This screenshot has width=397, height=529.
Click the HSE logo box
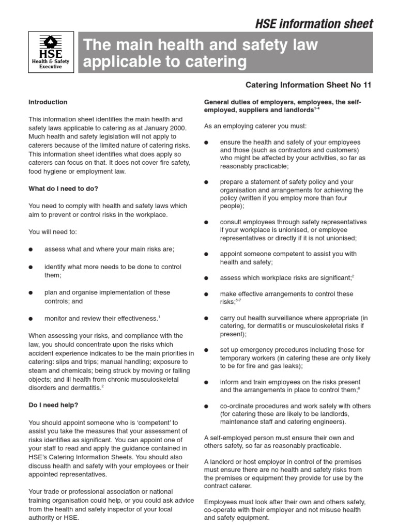click(51, 52)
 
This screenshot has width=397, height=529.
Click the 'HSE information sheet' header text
click(314, 24)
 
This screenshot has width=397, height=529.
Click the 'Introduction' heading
click(48, 102)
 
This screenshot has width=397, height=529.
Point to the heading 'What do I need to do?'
click(63, 189)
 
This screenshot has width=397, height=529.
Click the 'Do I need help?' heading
click(53, 405)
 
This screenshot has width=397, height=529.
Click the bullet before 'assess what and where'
click(31, 250)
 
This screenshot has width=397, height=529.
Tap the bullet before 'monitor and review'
click(31, 319)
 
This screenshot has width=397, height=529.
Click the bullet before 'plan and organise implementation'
click(31, 293)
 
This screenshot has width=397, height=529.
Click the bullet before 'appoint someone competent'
click(207, 255)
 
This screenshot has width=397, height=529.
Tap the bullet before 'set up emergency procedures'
click(207, 350)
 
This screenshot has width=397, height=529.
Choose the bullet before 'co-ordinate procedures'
click(207, 407)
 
